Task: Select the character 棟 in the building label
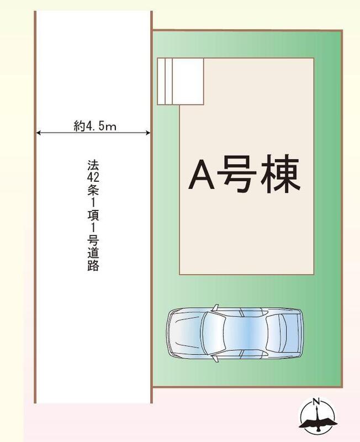pos(280,175)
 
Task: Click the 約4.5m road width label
pos(95,126)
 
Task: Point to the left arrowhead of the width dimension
pos(39,133)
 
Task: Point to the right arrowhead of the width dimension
pos(147,133)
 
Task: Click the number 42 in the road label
pos(93,177)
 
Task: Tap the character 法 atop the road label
pos(93,165)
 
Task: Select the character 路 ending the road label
pos(93,265)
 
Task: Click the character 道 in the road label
pos(93,253)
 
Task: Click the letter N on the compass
pos(317,401)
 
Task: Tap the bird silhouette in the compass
pos(318,422)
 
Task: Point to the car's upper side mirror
pos(216,308)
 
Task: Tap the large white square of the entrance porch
pos(188,81)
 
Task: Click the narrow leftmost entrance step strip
pos(161,81)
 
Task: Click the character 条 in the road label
pos(93,191)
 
